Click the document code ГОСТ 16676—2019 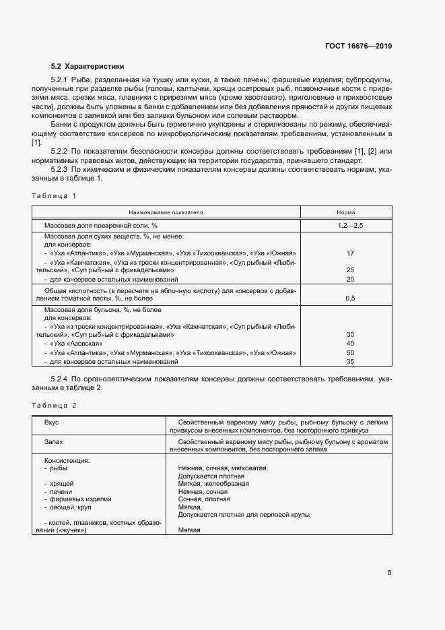358,46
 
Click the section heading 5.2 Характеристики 88,66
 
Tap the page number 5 389,573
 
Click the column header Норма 350,212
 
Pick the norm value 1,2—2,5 350,224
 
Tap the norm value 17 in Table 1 350,253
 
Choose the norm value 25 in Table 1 350,270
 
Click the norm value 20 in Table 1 350,279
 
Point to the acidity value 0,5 350,297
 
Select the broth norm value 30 350,334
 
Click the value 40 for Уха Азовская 350,344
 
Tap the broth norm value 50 350,352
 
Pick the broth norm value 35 350,362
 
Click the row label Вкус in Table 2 51,421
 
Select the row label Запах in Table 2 54,441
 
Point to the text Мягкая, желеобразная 213,484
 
